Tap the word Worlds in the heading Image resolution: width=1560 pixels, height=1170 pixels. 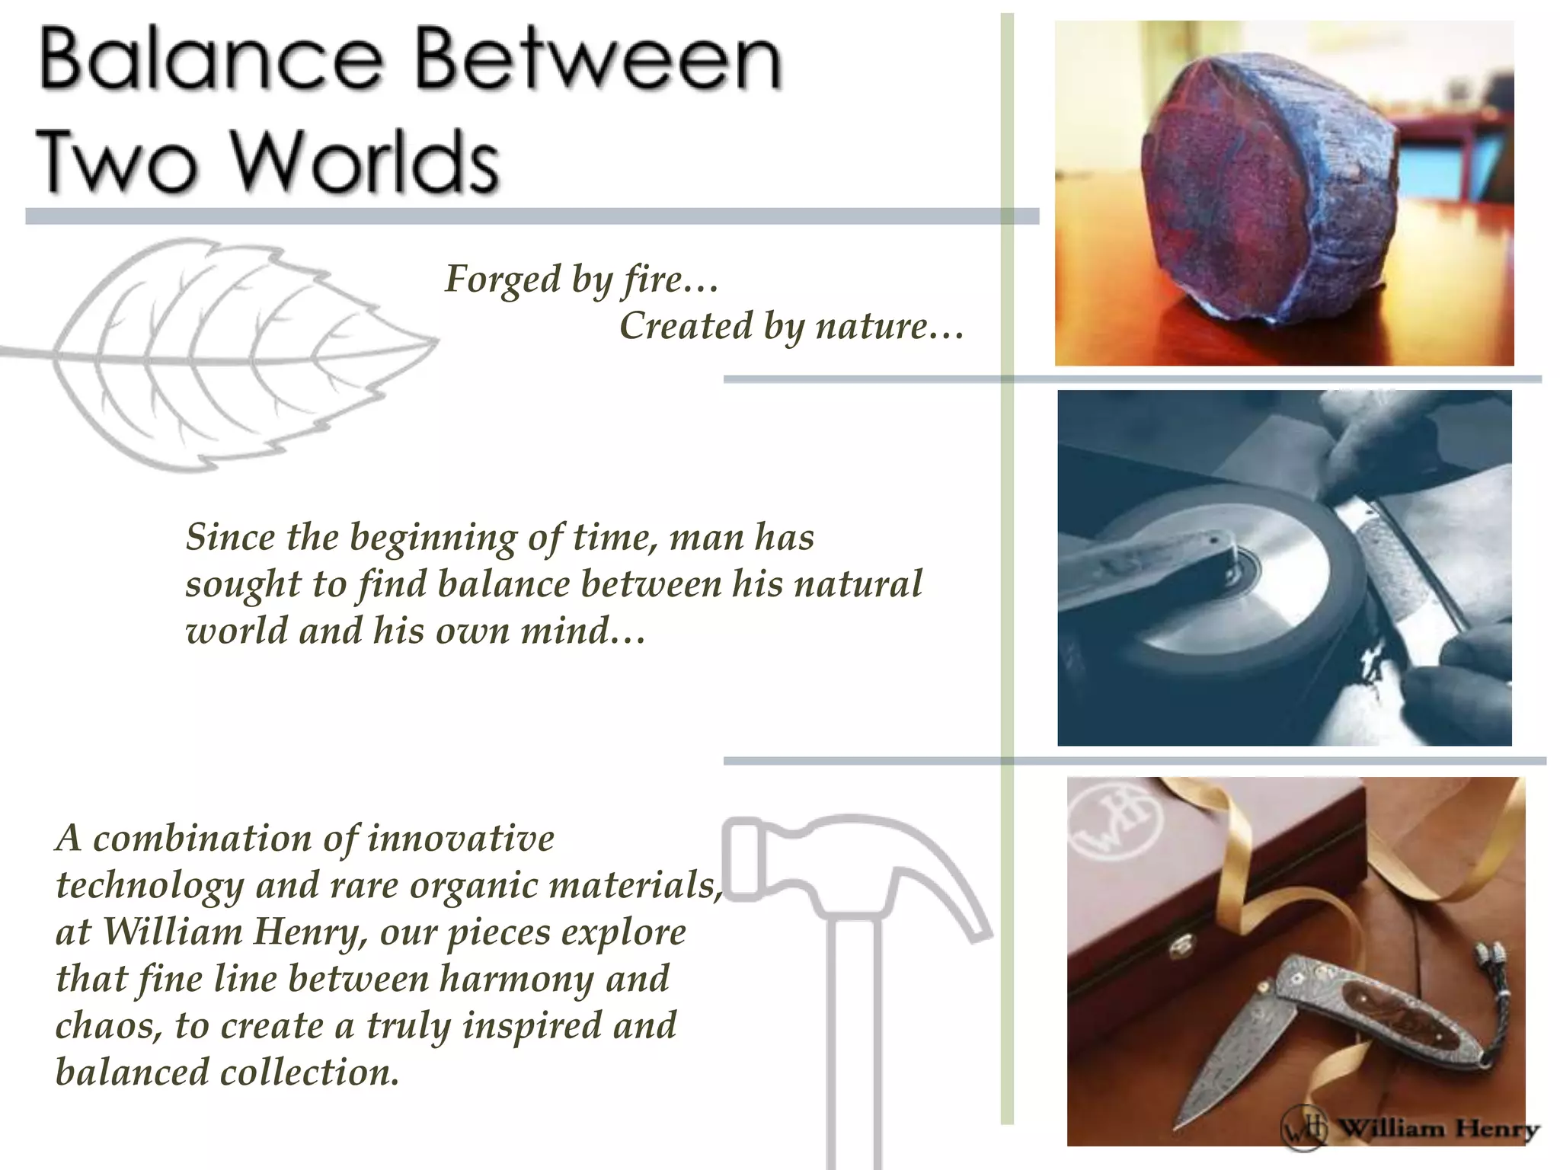point(363,161)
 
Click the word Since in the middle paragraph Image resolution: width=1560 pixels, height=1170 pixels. point(230,538)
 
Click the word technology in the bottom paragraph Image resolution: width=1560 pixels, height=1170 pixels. point(149,885)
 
